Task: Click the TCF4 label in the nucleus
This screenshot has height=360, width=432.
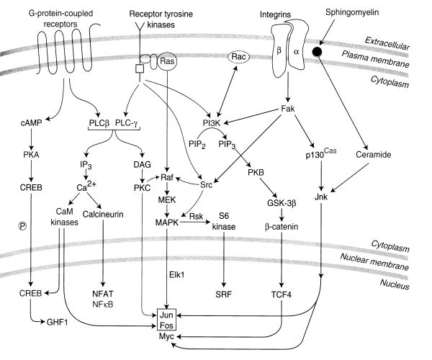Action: pos(287,294)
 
